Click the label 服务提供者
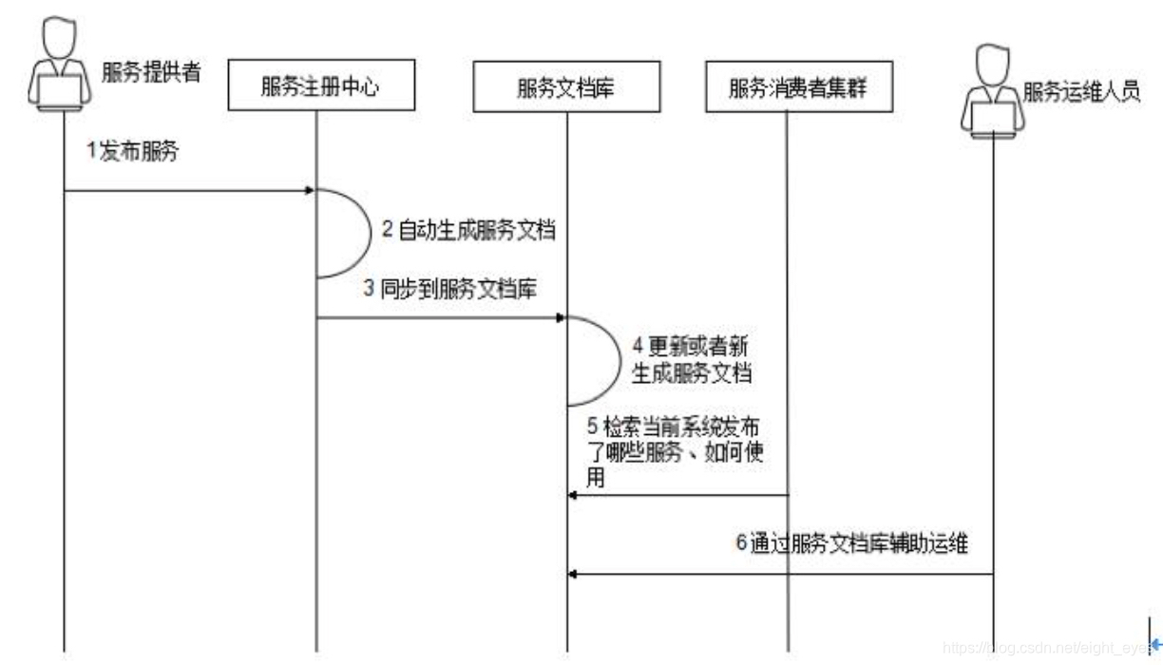coord(151,72)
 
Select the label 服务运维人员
coord(1081,93)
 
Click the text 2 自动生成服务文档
coord(468,230)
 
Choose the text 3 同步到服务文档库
coord(450,289)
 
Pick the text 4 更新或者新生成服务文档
coord(692,359)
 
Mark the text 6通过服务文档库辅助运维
coord(852,545)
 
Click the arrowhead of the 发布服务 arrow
coord(310,190)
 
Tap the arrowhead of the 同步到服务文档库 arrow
coord(562,318)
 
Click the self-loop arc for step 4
coord(620,361)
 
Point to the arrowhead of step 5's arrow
coord(573,495)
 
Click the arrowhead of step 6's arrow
coord(573,574)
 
